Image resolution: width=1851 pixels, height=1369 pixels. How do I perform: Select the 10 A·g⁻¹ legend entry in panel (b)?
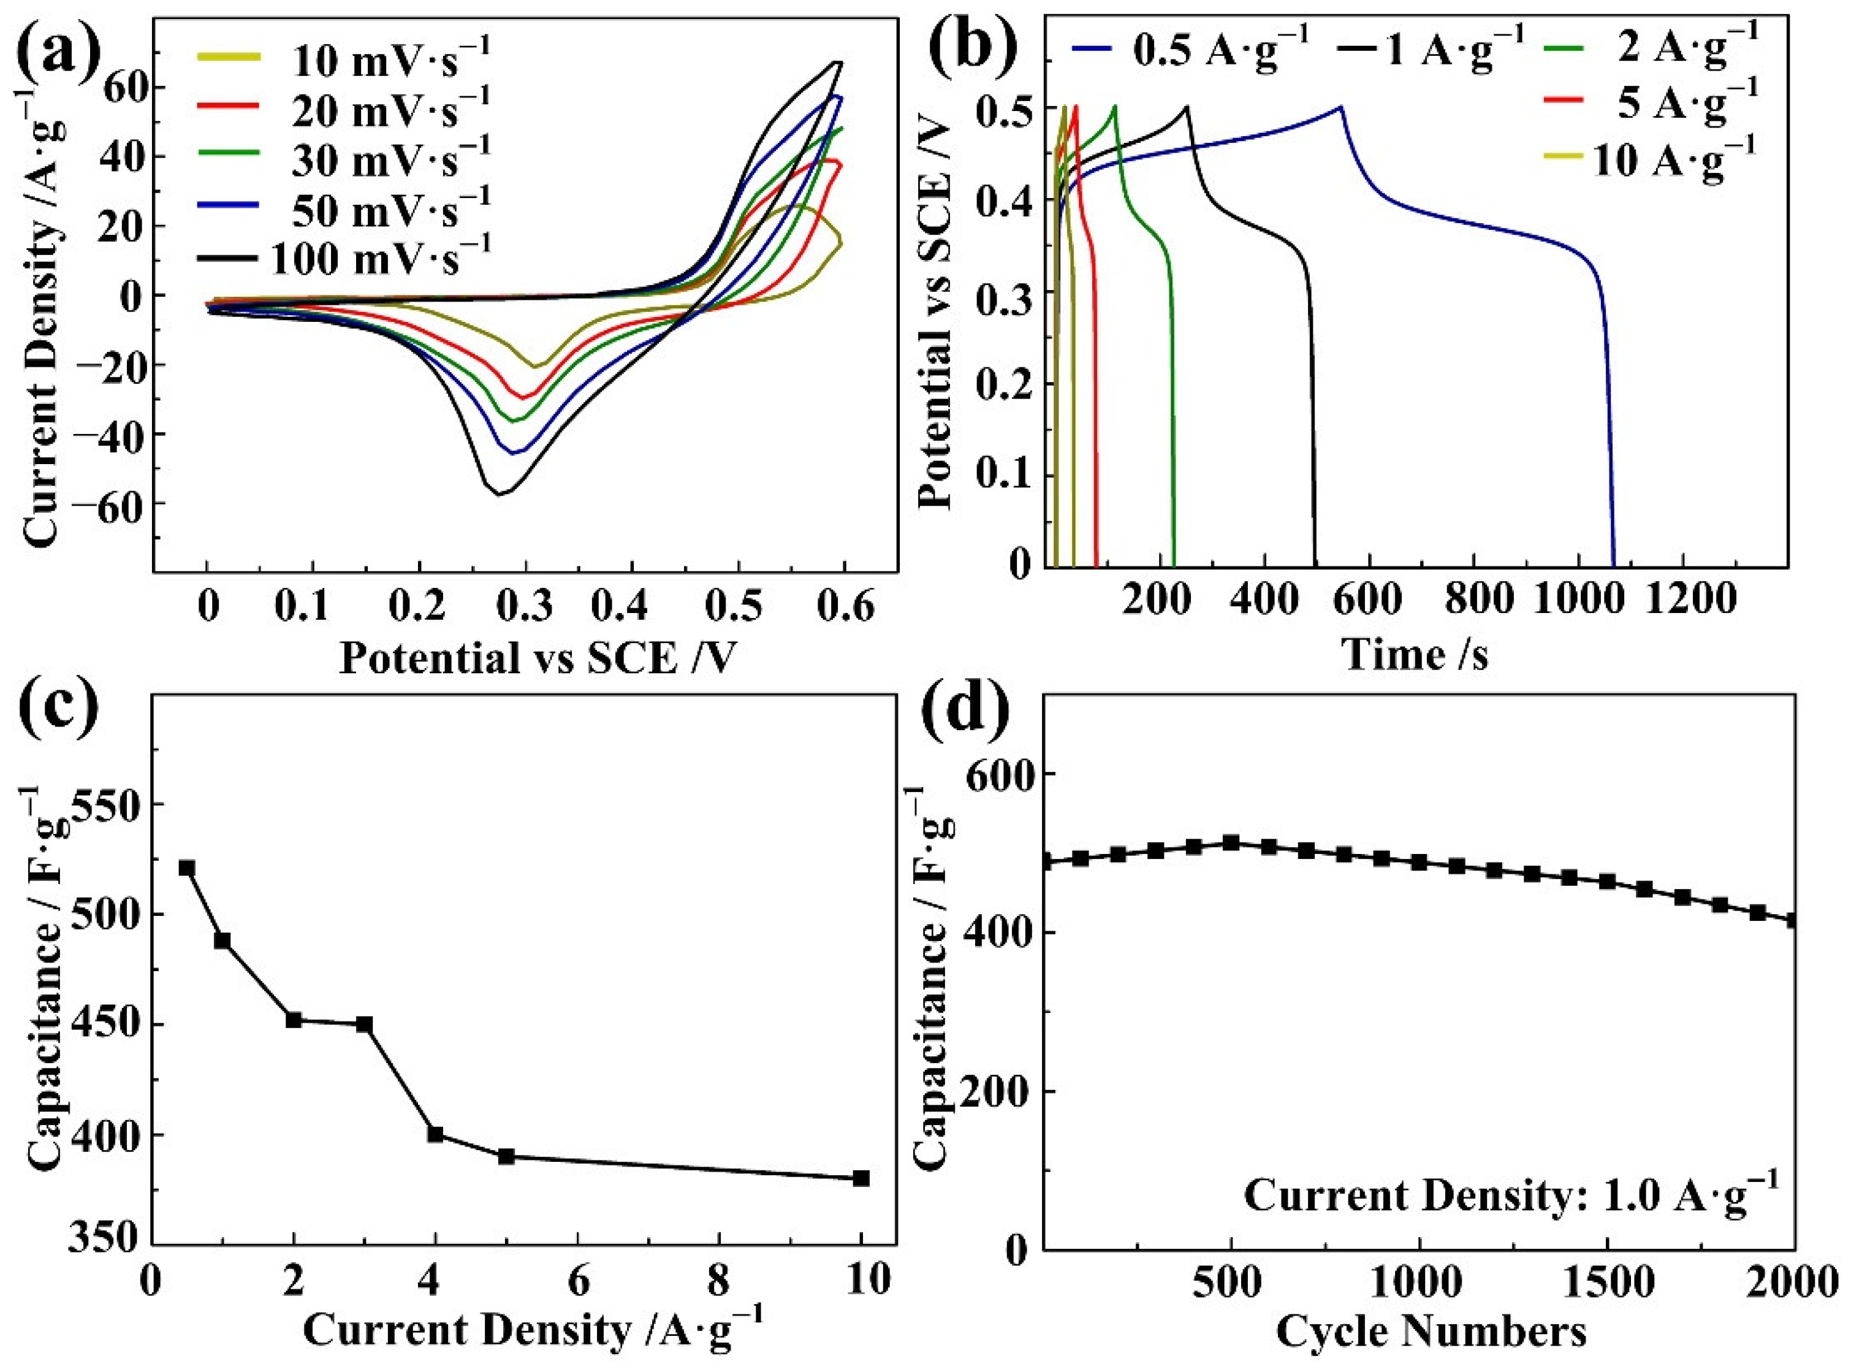1674,160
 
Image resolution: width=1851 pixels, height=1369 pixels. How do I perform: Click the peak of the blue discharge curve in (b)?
1340,106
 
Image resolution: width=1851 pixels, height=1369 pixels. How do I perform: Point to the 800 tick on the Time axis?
1473,599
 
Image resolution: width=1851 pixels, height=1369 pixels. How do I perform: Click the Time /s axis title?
1415,654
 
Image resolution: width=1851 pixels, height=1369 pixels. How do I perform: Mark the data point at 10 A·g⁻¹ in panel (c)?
861,1178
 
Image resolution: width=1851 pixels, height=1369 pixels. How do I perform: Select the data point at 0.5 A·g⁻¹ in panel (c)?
186,868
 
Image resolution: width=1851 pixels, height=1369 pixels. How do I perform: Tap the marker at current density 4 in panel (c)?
435,1134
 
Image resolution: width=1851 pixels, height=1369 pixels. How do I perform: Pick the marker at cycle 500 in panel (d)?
1231,842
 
